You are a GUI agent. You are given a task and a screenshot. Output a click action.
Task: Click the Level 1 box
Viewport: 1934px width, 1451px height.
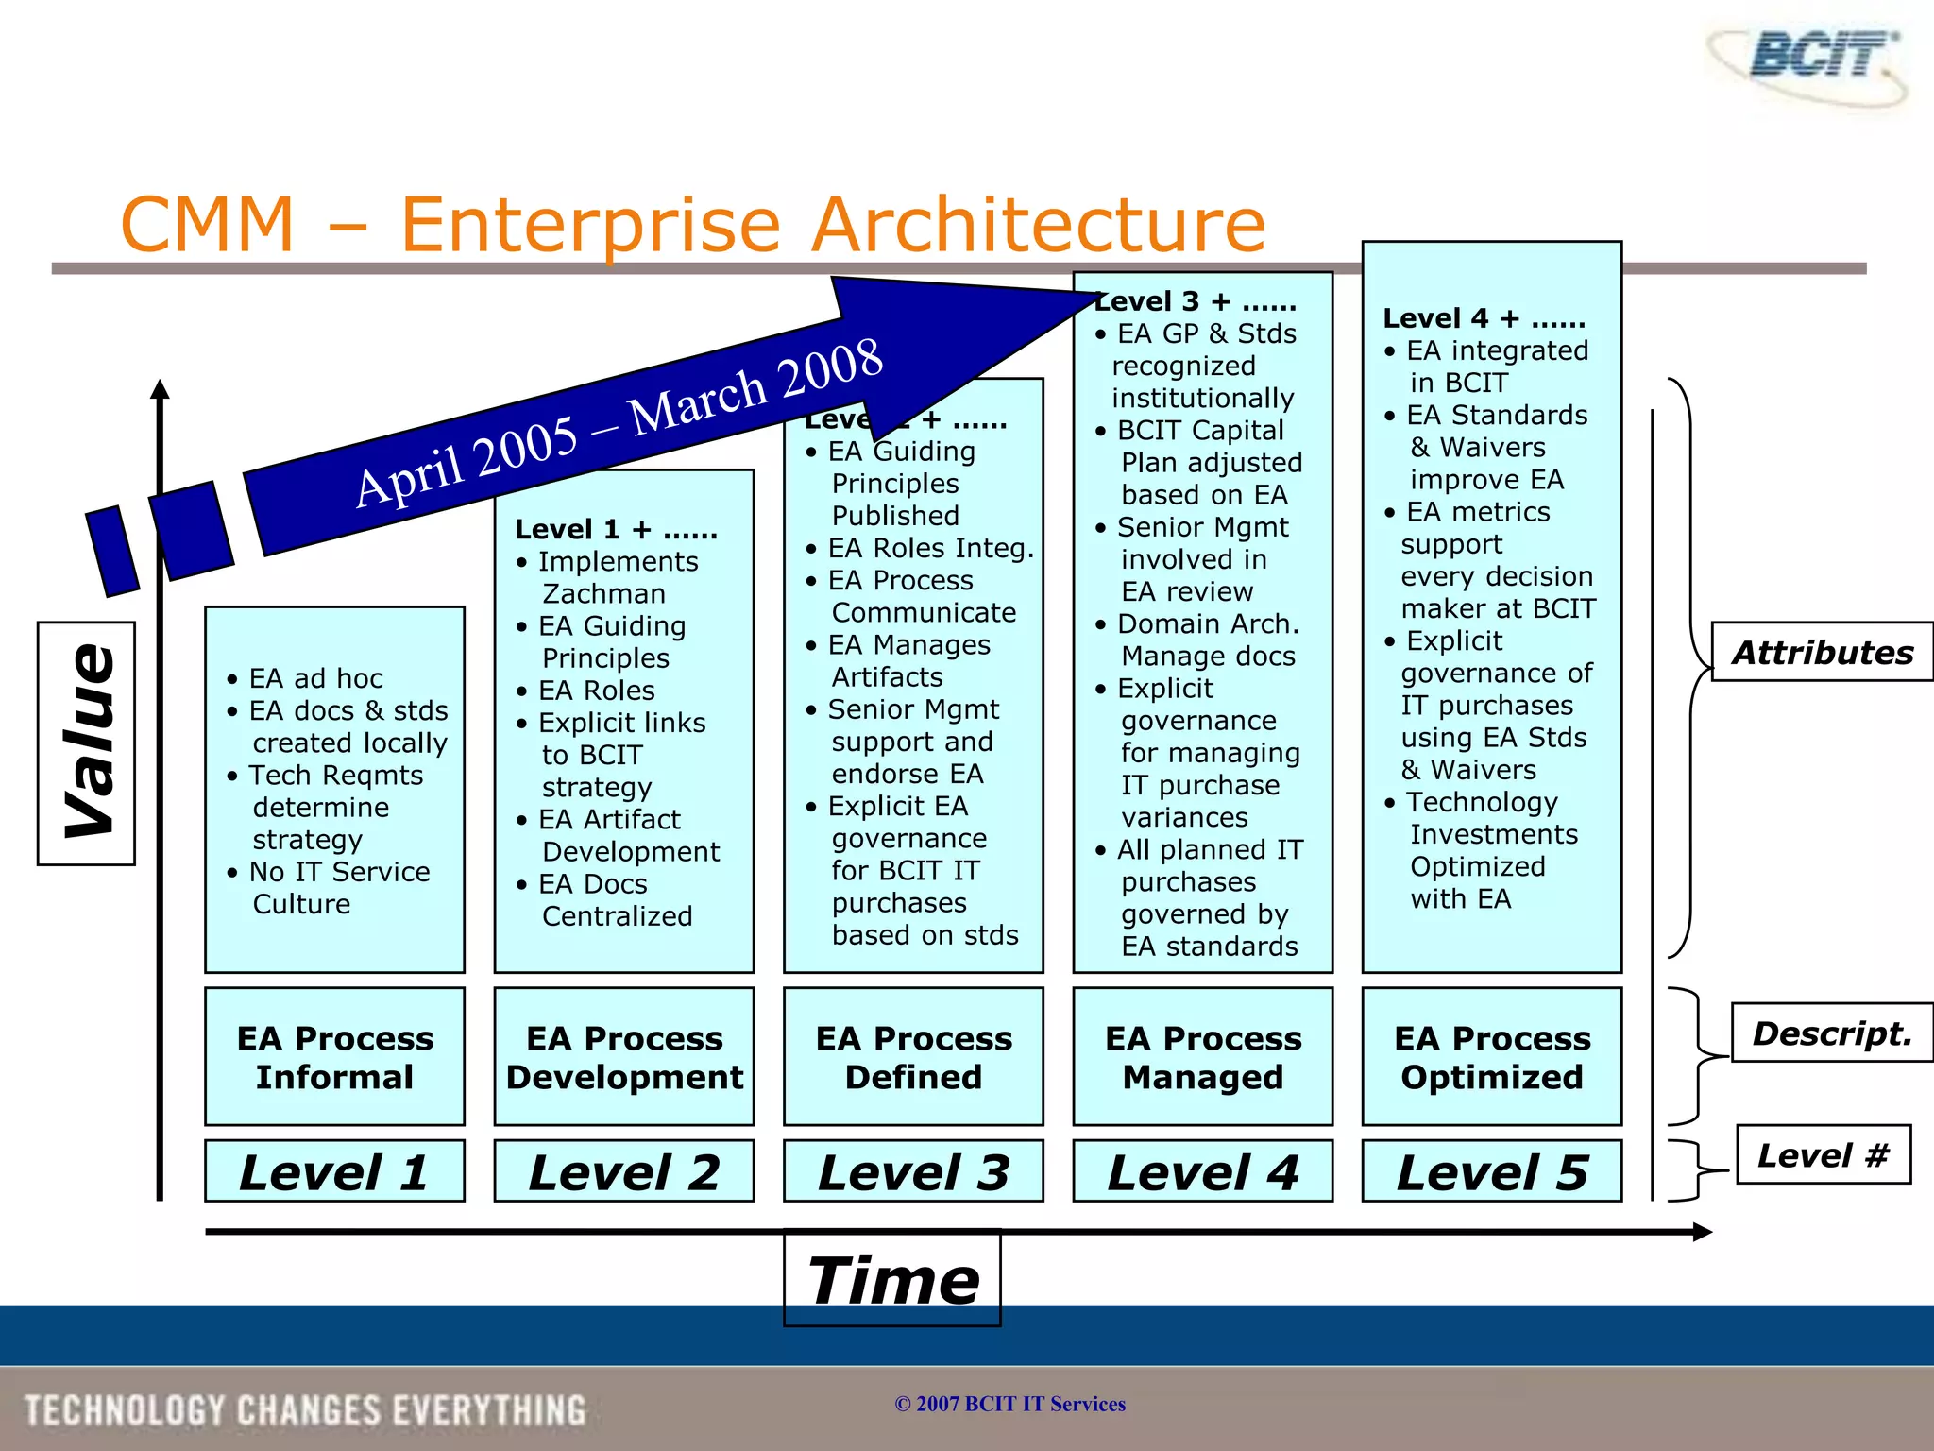point(334,1171)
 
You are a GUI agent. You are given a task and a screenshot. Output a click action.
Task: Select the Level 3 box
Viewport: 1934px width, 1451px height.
point(913,1171)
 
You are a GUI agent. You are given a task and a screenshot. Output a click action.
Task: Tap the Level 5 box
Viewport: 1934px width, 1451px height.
point(1492,1171)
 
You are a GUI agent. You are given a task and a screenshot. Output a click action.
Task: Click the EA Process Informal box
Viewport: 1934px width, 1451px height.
point(334,1057)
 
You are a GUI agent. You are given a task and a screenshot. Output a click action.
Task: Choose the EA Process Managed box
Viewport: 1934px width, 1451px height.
point(1202,1057)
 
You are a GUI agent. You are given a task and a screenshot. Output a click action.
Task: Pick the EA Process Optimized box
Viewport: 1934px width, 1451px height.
point(1492,1057)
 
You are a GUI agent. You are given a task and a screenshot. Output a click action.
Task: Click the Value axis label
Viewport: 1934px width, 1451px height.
point(87,743)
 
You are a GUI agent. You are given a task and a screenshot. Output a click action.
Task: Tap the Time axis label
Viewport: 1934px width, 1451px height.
point(892,1280)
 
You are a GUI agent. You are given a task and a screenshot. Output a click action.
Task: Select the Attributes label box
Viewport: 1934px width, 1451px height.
point(1822,652)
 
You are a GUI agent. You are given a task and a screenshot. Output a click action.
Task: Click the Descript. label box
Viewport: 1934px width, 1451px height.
point(1831,1033)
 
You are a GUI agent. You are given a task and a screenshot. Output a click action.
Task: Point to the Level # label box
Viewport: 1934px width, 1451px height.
point(1823,1154)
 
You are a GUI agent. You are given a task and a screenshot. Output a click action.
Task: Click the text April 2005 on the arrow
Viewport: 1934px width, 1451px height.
point(467,461)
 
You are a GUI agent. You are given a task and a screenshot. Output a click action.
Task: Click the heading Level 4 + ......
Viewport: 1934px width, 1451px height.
point(1483,318)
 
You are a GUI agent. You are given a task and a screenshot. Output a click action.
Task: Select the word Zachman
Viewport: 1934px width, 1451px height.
point(604,593)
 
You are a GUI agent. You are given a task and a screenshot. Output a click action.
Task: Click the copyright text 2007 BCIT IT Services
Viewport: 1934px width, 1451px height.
point(1010,1404)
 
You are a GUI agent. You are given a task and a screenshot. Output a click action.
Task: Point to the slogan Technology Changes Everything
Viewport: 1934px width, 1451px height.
point(305,1409)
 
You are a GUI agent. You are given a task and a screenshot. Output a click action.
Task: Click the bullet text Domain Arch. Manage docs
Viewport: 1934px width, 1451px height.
point(1207,640)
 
